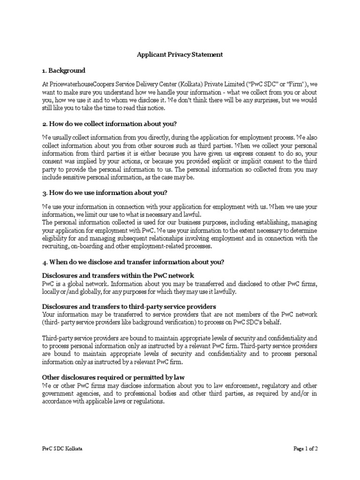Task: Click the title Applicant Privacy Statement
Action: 180,54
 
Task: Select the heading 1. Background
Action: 64,70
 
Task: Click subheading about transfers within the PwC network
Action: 118,275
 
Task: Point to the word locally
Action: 52,292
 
